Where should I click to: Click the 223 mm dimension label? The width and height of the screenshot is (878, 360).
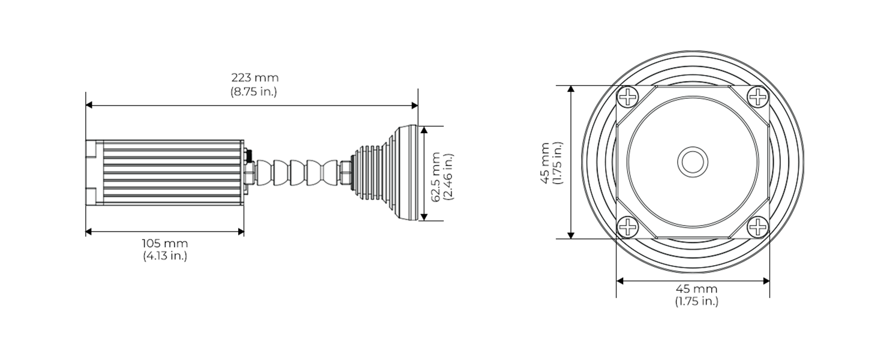point(255,77)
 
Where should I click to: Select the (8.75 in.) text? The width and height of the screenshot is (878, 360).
point(254,92)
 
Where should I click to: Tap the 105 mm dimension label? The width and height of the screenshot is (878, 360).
point(165,244)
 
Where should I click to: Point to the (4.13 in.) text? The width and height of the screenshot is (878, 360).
point(165,256)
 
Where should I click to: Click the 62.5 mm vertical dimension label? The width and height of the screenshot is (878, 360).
point(435,177)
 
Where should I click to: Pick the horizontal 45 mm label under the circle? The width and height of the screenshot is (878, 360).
point(696,289)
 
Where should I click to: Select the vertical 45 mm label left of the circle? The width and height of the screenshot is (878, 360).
point(545,163)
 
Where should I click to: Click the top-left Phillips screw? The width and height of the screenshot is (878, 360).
point(628,97)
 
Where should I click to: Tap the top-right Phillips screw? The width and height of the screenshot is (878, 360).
point(758,97)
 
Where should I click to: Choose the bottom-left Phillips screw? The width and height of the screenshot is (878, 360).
point(628,227)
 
